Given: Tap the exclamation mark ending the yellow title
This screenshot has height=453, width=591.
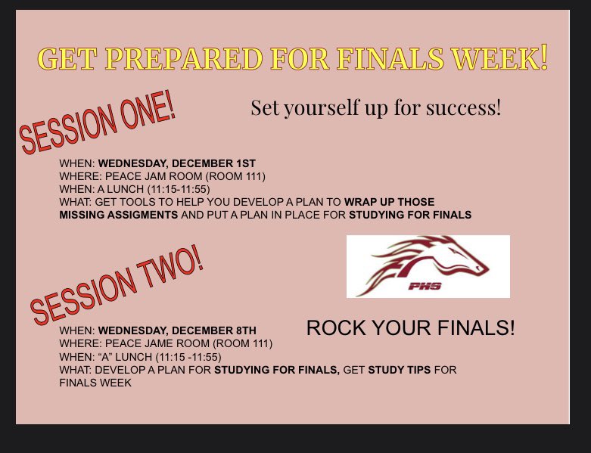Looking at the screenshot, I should [x=543, y=57].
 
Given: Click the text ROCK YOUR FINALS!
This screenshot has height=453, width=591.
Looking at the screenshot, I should [x=410, y=328].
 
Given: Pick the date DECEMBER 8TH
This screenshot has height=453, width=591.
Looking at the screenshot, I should [x=216, y=330].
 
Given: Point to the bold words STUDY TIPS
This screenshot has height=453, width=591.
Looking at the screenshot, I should [x=402, y=370].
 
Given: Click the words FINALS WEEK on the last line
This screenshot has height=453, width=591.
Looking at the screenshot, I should [x=95, y=383].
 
